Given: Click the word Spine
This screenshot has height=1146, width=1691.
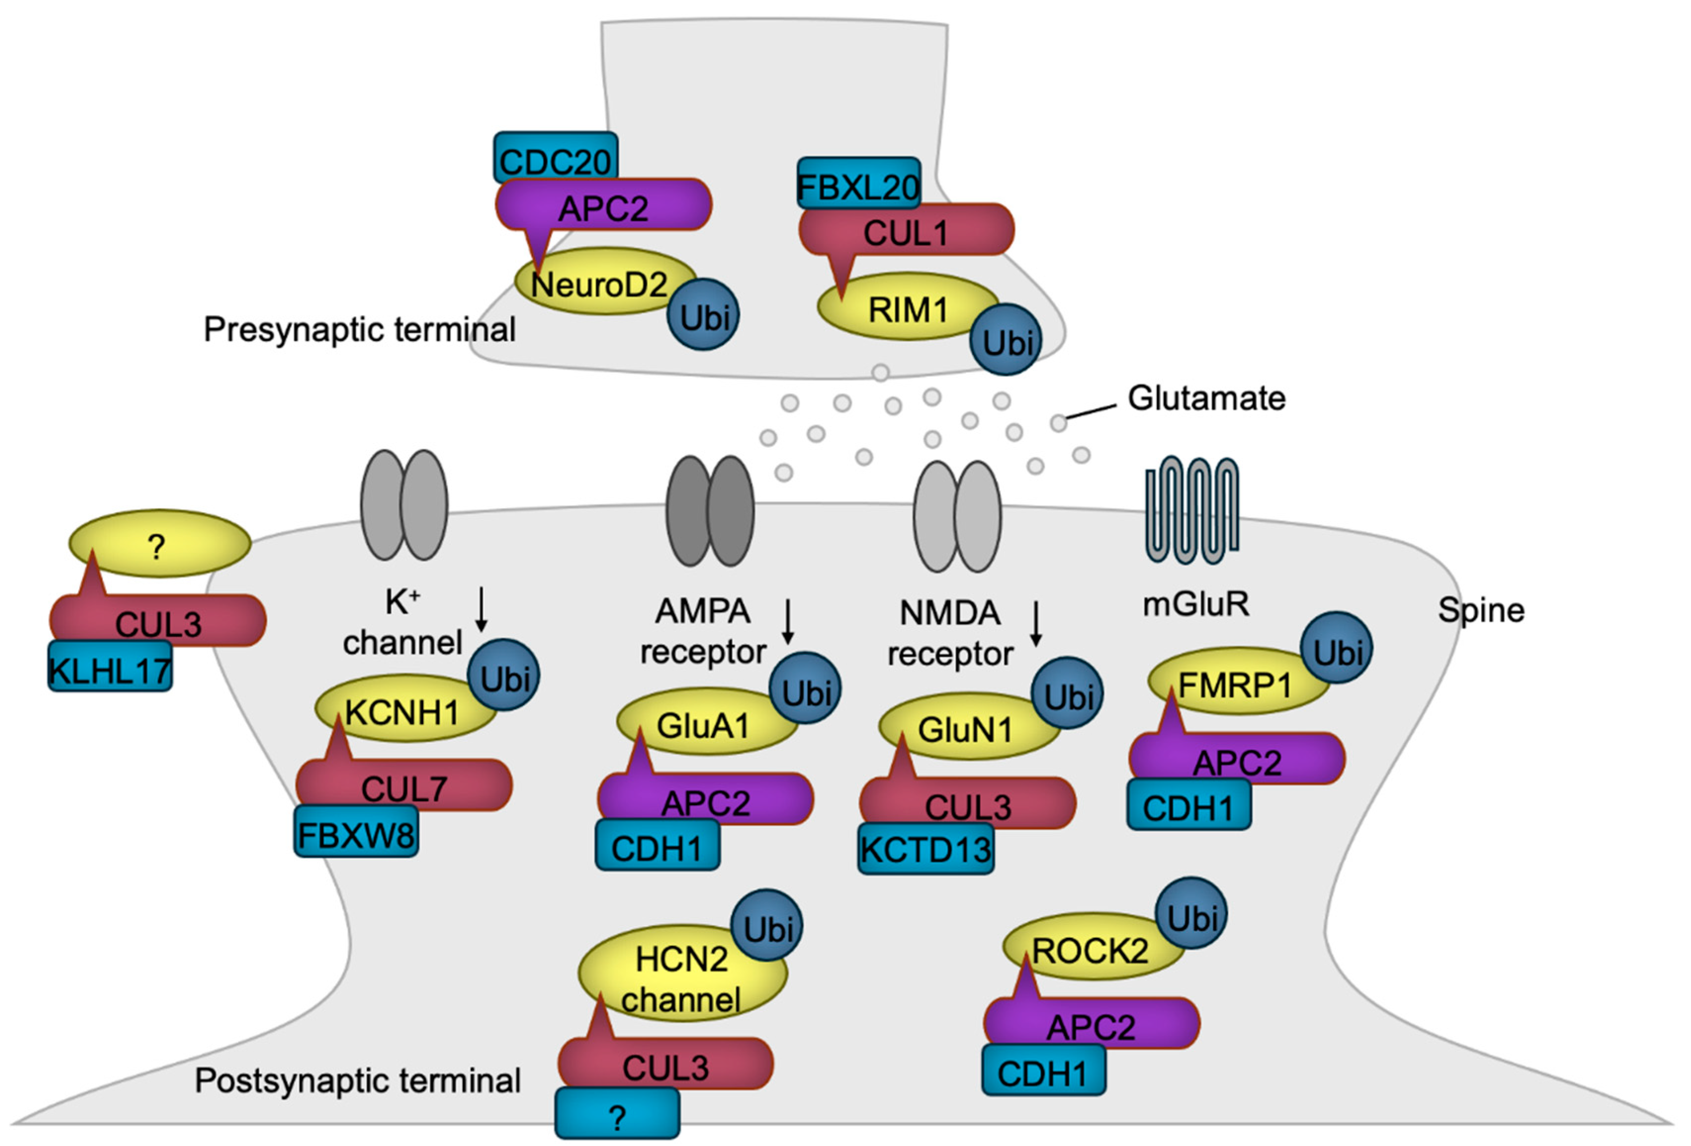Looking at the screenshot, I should click(x=1481, y=610).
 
